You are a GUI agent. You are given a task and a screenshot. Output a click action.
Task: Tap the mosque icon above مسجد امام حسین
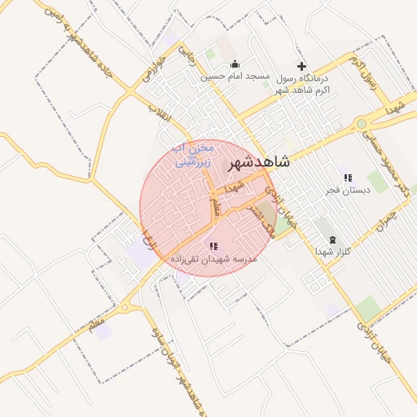(x=235, y=64)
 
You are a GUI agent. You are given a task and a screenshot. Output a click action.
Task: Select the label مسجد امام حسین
(x=235, y=77)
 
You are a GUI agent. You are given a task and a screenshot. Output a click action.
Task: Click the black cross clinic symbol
(x=301, y=65)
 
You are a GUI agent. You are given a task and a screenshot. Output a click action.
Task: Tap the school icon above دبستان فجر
(x=348, y=178)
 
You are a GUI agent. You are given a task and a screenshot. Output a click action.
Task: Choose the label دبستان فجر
(x=348, y=190)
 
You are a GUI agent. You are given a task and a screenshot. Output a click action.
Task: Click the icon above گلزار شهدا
(x=332, y=239)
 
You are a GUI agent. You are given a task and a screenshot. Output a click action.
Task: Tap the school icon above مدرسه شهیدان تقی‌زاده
(x=213, y=246)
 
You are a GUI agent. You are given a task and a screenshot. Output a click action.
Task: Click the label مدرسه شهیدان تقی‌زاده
(x=213, y=258)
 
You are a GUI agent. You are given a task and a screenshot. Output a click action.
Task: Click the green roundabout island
(x=361, y=124)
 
